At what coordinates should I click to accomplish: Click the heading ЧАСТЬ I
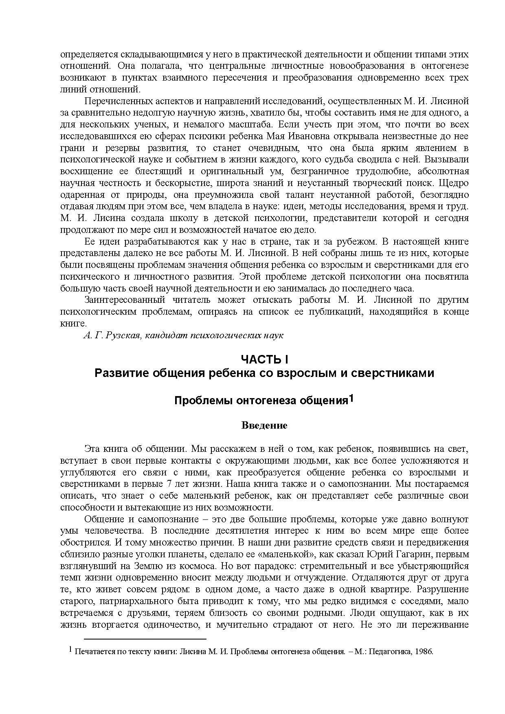(264, 359)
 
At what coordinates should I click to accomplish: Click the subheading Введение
(264, 425)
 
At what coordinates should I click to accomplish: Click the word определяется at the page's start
(83, 54)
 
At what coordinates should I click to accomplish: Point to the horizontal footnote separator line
(145, 640)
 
